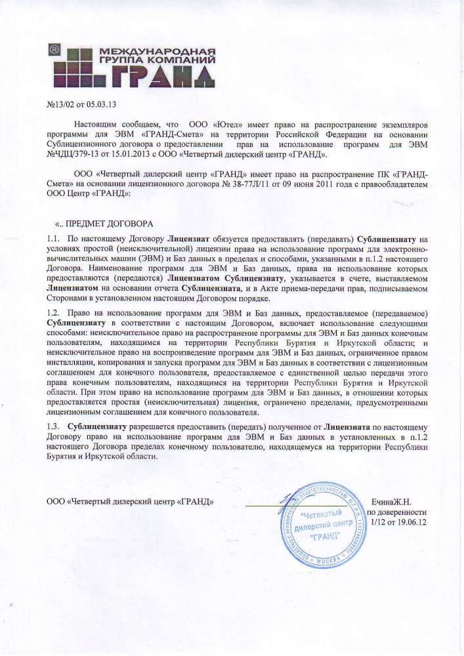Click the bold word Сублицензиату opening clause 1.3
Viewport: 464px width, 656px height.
[98, 426]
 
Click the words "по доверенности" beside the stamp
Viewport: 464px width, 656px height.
[397, 512]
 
